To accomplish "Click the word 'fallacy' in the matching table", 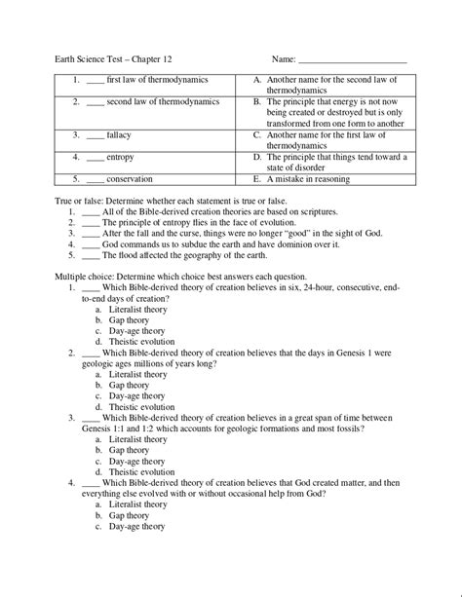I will coord(118,134).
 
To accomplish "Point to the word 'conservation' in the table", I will coord(130,179).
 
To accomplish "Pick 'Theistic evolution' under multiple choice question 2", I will coord(142,408).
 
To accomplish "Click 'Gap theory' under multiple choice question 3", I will coord(130,451).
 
